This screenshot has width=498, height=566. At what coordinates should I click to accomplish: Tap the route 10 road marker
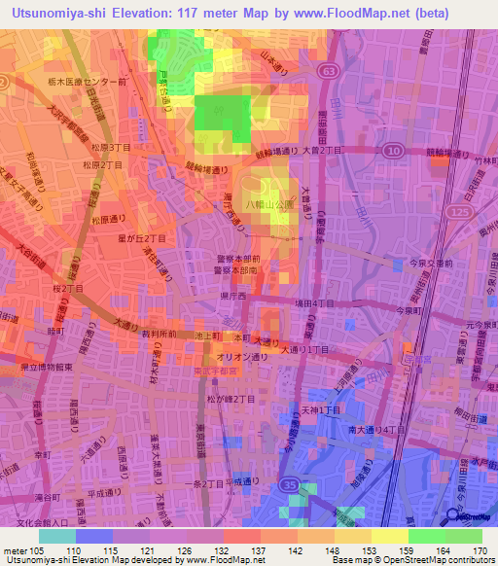click(391, 150)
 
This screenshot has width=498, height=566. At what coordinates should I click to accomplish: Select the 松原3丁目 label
click(108, 146)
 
